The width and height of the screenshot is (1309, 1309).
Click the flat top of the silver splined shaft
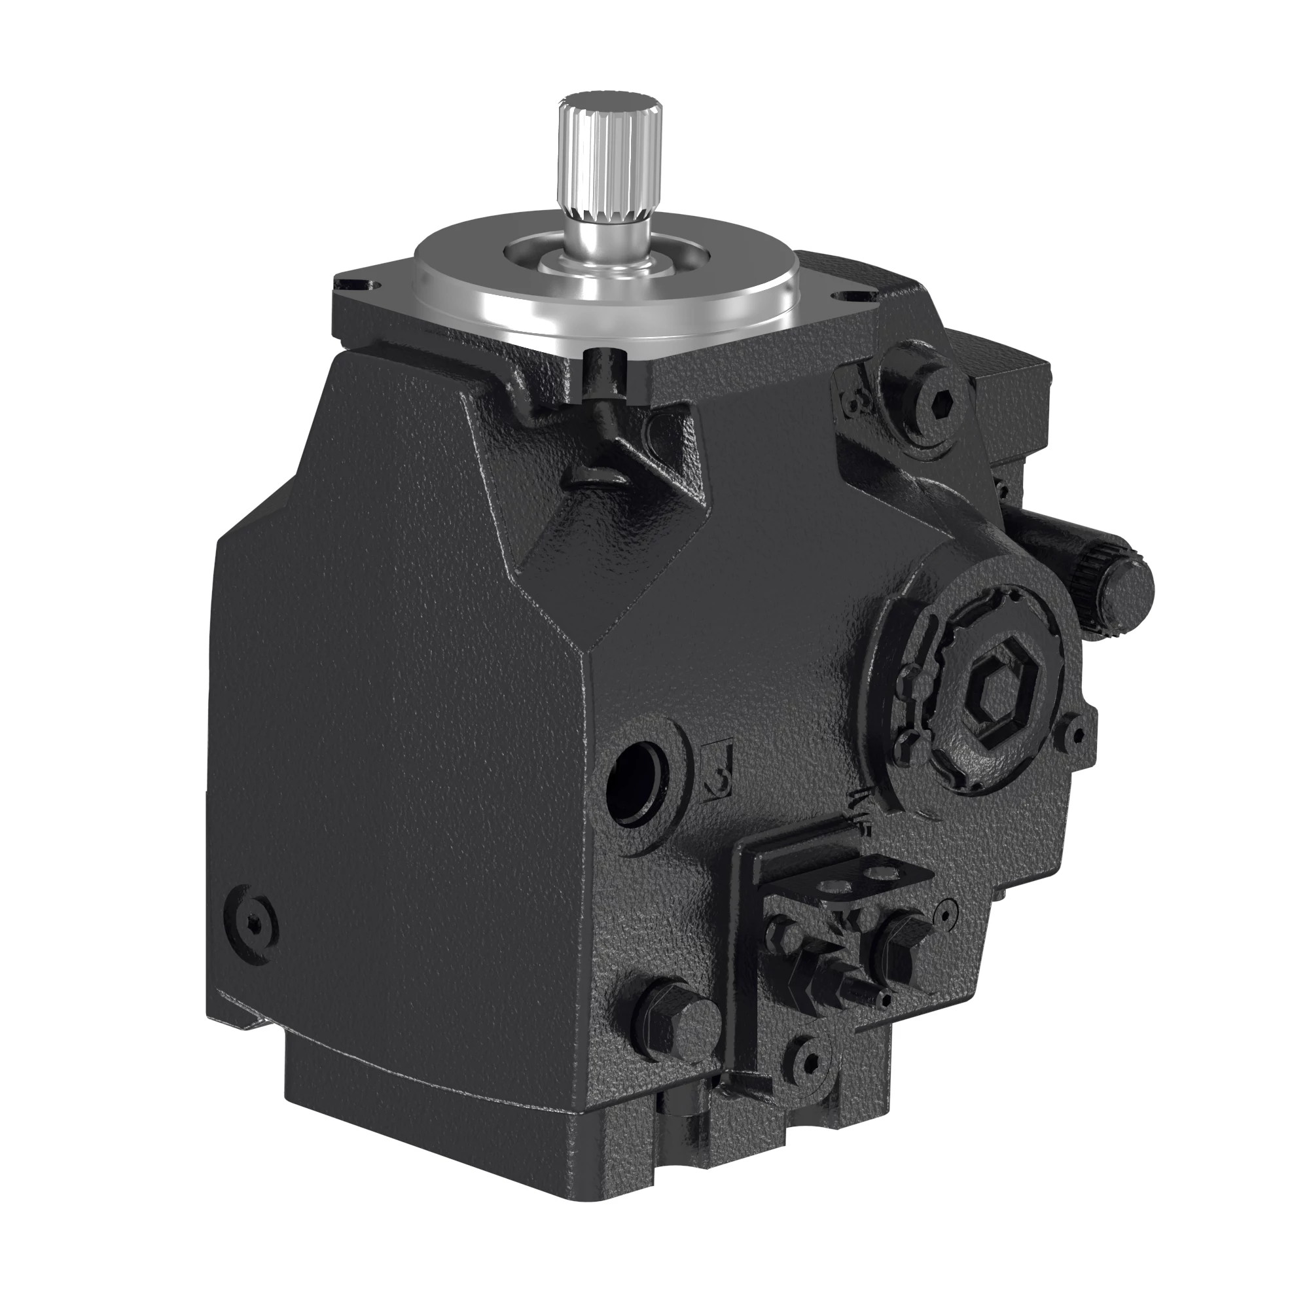pyautogui.click(x=609, y=102)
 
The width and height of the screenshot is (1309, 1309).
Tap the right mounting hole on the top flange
pyautogui.click(x=848, y=295)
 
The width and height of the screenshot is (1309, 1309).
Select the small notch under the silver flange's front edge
pyautogui.click(x=600, y=355)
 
